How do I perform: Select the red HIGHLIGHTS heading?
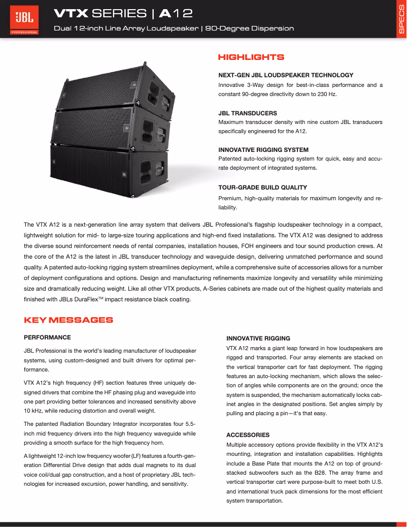(x=251, y=57)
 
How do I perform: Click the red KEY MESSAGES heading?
(x=69, y=320)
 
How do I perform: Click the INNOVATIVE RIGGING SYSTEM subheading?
(x=263, y=150)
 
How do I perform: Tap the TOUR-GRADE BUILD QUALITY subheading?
(x=262, y=188)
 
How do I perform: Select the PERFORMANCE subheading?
(x=47, y=337)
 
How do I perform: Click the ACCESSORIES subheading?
(x=248, y=435)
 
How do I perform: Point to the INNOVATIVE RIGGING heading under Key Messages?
(x=258, y=338)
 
